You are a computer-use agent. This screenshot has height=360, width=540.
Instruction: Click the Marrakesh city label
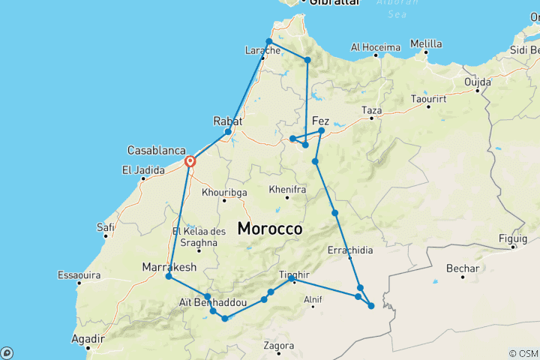tap(169, 267)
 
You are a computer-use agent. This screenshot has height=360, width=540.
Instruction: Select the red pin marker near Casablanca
tap(190, 161)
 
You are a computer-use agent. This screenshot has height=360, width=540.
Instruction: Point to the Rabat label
tap(227, 120)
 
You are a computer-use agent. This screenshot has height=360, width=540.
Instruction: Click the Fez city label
tap(320, 120)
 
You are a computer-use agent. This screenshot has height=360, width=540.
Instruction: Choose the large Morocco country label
tap(270, 229)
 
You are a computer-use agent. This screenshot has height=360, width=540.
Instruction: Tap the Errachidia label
tap(349, 250)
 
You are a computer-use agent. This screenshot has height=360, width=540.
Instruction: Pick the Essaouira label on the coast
tap(79, 274)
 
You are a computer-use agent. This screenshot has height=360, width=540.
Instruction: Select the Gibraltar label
tap(329, 3)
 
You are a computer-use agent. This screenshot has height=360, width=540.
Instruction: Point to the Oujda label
tap(478, 82)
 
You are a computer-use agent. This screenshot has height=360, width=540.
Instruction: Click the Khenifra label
tap(288, 190)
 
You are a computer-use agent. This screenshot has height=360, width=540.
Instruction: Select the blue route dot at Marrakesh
tap(169, 277)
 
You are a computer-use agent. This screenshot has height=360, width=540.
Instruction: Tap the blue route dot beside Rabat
tap(228, 132)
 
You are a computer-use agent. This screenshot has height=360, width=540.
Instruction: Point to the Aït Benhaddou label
tap(213, 301)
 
